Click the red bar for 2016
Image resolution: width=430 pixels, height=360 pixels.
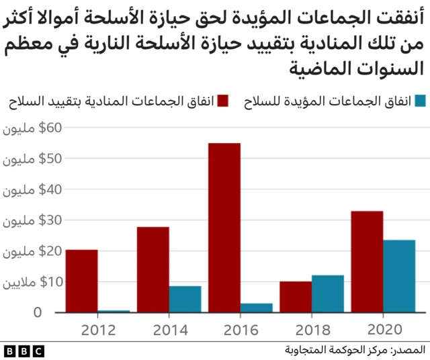[224, 228]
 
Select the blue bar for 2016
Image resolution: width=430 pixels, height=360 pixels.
[257, 308]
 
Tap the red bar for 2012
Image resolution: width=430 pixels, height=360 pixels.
[82, 281]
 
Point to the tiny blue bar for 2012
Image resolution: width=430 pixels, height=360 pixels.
[114, 311]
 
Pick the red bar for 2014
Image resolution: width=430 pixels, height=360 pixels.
[153, 269]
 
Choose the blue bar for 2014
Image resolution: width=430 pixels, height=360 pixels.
[185, 299]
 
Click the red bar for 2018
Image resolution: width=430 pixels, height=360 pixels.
[296, 297]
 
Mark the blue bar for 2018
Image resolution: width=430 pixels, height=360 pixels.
[328, 294]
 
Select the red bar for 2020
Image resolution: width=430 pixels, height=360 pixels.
[367, 262]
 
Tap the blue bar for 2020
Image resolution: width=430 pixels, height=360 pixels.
[399, 276]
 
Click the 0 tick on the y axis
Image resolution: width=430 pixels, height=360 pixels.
[38, 313]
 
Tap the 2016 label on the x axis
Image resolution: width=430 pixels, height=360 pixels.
[241, 330]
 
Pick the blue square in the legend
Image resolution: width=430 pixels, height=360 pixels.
[421, 101]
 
